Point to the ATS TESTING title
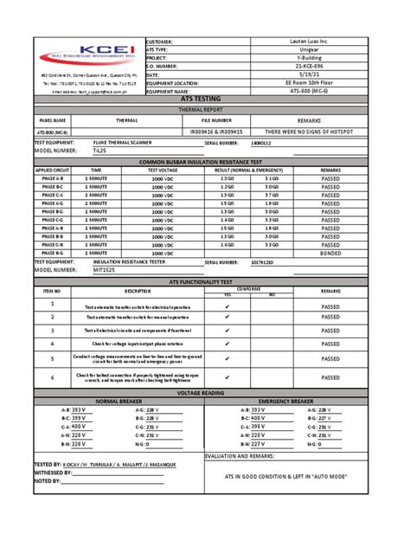(205, 100)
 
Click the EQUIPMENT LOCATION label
(176, 83)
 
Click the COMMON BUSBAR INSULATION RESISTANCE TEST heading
(205, 162)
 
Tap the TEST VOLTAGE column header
(162, 171)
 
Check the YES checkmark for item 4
(227, 344)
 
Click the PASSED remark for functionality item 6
(330, 378)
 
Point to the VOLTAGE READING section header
(205, 393)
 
